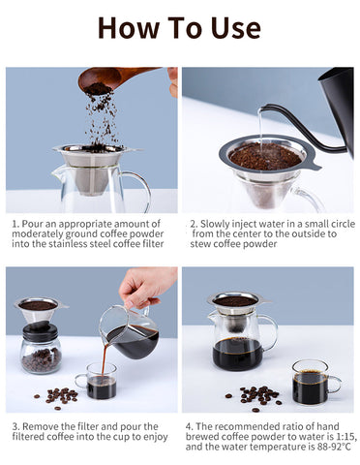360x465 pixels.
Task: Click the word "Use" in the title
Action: [x=236, y=28]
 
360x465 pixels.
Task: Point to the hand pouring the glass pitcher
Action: [x=146, y=287]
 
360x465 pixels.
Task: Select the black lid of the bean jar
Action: [x=40, y=331]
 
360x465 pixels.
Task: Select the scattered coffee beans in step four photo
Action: [x=255, y=397]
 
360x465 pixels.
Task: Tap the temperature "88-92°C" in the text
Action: [x=334, y=447]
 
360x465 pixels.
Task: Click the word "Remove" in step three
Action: [x=41, y=426]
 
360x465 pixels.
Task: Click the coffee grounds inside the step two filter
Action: [x=265, y=158]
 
